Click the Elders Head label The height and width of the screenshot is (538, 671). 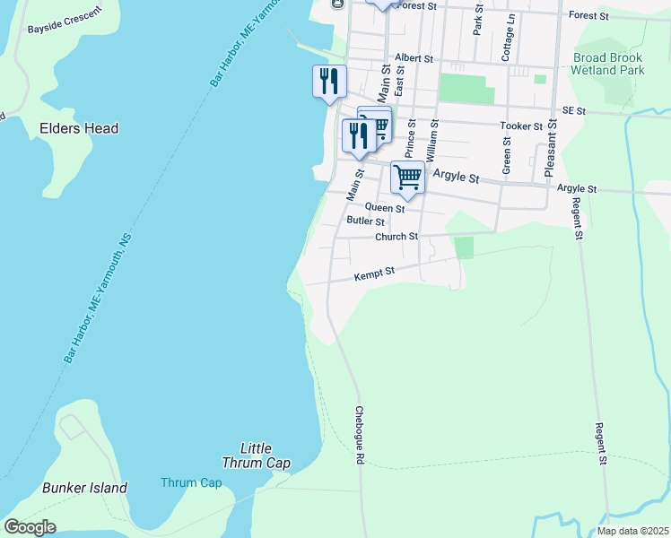[79, 128]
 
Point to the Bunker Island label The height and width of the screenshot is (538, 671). [84, 489]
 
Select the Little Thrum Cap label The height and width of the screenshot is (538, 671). [257, 456]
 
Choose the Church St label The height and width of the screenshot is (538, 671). [396, 237]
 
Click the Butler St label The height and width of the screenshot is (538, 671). [365, 221]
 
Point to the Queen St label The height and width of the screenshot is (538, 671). [384, 207]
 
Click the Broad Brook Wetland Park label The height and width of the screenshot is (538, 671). [608, 63]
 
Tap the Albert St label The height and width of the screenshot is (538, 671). [414, 57]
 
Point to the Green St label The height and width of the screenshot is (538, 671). [507, 154]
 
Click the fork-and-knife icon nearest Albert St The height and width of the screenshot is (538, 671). [329, 82]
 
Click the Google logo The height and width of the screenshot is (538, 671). [30, 527]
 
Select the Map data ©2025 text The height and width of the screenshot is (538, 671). [632, 531]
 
